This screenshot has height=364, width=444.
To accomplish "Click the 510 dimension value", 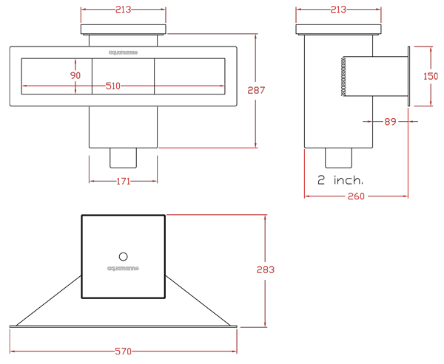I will coord(113,86).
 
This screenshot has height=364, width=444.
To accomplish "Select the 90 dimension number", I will coord(75,76).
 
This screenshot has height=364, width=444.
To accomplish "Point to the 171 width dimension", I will coord(123,181).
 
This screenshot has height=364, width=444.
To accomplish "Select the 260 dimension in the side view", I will coord(355,196).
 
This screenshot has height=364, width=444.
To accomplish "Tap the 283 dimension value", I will coord(266,269).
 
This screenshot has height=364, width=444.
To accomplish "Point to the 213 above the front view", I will coord(123,10).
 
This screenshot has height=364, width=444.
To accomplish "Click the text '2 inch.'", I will coord(340,180).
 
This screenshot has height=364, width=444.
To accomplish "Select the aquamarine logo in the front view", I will coord(123,52).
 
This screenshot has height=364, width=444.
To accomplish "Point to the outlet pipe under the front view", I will coord(123,157).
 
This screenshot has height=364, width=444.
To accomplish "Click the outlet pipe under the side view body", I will coord(337,157).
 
